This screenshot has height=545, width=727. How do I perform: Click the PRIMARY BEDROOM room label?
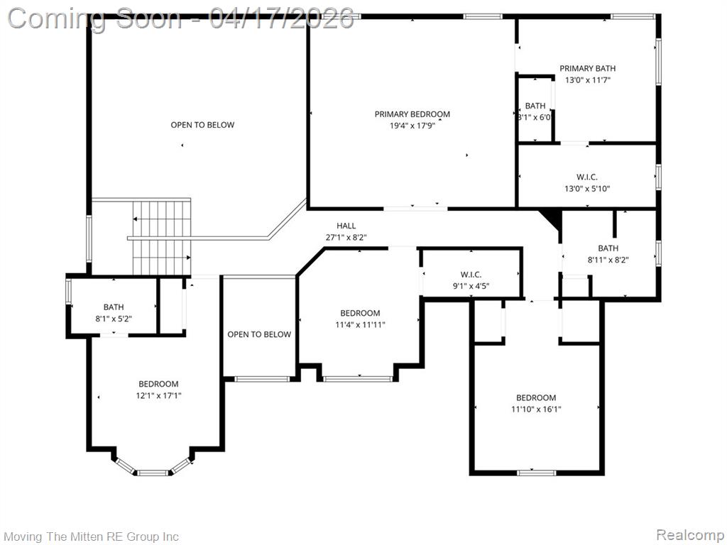pyautogui.click(x=412, y=114)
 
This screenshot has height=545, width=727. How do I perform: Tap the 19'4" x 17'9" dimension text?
pyautogui.click(x=412, y=126)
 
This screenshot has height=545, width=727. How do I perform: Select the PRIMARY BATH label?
pyautogui.click(x=587, y=69)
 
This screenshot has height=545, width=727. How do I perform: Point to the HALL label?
pyautogui.click(x=346, y=226)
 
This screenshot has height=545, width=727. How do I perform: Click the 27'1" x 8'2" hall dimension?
pyautogui.click(x=346, y=237)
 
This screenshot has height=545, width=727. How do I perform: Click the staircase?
pyautogui.click(x=162, y=237)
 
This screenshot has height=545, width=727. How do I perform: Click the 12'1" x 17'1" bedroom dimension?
pyautogui.click(x=158, y=396)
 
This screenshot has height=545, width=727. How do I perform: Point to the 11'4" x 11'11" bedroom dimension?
pyautogui.click(x=360, y=325)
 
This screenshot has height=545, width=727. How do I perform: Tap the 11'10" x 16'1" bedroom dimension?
pyautogui.click(x=536, y=409)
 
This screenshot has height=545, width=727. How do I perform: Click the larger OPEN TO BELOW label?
pyautogui.click(x=202, y=125)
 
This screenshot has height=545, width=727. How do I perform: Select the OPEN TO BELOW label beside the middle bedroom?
pyautogui.click(x=259, y=335)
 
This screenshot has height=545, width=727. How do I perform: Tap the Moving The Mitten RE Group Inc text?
pyautogui.click(x=92, y=536)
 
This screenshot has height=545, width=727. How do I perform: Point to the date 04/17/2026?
pyautogui.click(x=281, y=18)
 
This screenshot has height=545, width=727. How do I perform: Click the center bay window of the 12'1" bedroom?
pyautogui.click(x=153, y=473)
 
